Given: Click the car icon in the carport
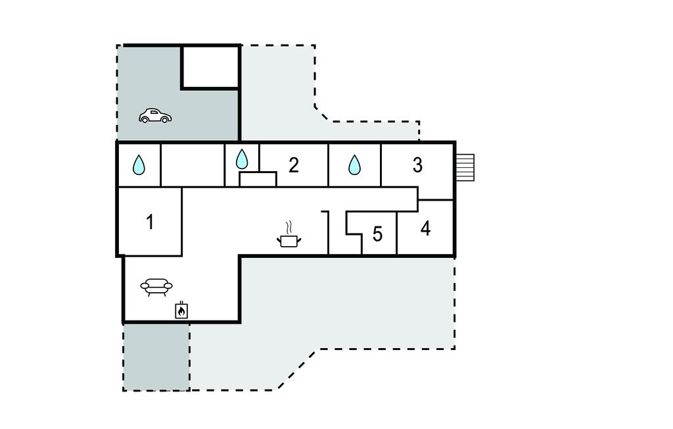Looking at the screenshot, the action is (155, 116).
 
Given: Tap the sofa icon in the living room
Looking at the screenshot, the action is (156, 287).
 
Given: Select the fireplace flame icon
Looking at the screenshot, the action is (181, 311).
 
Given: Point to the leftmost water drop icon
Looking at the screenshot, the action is (139, 164).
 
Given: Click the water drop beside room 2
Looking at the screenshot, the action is (242, 159).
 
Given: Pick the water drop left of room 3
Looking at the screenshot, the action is (354, 164).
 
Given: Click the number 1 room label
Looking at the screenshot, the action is (150, 222).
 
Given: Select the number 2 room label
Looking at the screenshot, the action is (294, 165).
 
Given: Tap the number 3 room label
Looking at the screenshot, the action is (417, 165).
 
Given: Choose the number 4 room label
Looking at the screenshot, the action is (425, 229).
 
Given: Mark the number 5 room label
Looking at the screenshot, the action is (377, 234).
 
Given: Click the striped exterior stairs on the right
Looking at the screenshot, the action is (465, 168).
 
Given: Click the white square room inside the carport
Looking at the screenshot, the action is (210, 67).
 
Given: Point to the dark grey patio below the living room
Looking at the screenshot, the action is (156, 357).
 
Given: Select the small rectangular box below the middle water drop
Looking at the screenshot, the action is (258, 179).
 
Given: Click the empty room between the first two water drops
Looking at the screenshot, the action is (193, 165).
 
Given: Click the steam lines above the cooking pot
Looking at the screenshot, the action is (289, 226).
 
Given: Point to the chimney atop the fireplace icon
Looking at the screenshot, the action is (181, 303).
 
